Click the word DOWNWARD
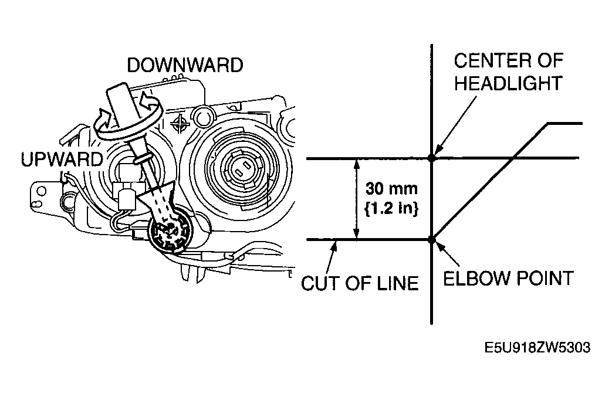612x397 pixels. coord(185,65)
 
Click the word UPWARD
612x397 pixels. coord(62,160)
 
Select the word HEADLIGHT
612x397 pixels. coord(509,83)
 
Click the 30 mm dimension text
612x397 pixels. coord(391,189)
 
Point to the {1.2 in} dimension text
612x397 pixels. coord(391,208)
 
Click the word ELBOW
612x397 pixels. coord(477,279)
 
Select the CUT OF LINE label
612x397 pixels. coord(360,283)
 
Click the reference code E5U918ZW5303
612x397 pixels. coord(537,347)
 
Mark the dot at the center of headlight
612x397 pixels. coord(431,158)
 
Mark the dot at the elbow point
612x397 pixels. coord(431,239)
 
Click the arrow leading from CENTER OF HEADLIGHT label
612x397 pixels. coord(456,125)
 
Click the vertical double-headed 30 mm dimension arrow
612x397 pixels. coord(356,198)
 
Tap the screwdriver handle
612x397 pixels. coord(122,106)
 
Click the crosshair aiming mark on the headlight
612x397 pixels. coord(180,124)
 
